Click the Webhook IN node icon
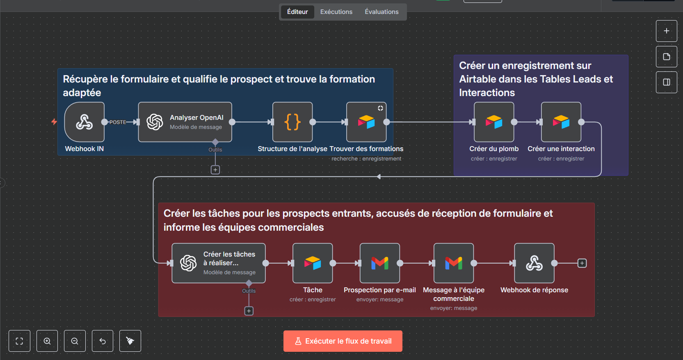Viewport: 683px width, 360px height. coord(85,122)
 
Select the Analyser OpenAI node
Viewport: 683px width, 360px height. coord(185,122)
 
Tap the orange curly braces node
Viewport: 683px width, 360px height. coord(292,122)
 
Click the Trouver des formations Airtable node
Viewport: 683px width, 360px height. coord(366,122)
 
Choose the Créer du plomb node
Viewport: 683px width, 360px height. coord(494,122)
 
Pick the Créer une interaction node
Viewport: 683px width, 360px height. coord(561,122)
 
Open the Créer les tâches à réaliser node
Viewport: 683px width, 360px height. coord(219,263)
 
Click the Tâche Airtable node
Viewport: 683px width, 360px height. coord(313,263)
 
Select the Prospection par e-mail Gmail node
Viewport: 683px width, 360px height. coord(380,263)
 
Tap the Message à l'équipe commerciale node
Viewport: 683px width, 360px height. coord(454,263)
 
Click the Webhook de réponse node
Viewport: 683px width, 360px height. coord(534,263)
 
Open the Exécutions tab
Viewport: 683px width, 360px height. coord(336,12)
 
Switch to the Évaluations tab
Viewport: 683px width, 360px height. coord(381,12)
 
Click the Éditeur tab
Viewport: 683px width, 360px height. coord(297,12)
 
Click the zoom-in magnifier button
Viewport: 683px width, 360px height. coord(47,341)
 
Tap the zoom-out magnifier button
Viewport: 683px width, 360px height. coord(75,341)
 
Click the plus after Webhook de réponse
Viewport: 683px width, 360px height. coord(582,263)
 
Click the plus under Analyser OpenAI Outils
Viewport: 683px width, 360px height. coord(215,170)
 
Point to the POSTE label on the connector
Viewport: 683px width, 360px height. coord(118,122)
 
